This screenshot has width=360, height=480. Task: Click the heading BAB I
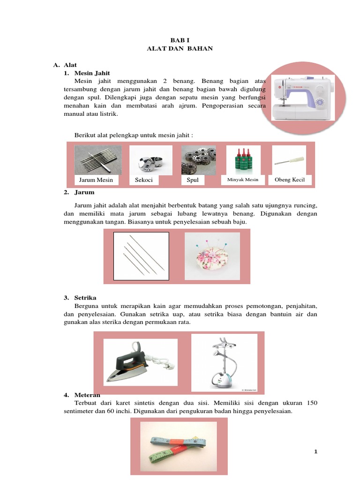click(180, 41)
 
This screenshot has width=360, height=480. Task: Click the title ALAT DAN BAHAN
click(180, 49)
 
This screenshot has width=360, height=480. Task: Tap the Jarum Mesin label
click(96, 180)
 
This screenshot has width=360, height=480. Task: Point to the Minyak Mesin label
click(243, 180)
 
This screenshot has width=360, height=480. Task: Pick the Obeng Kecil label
click(290, 180)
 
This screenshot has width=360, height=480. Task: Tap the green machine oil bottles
click(243, 160)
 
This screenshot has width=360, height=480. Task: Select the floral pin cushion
click(212, 256)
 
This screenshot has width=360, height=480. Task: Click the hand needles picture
click(141, 256)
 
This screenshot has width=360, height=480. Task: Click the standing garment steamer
click(224, 363)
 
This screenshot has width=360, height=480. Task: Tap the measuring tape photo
click(179, 447)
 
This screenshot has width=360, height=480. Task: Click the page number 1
click(316, 451)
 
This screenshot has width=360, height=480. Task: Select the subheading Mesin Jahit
click(92, 74)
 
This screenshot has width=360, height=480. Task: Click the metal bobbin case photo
click(150, 160)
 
